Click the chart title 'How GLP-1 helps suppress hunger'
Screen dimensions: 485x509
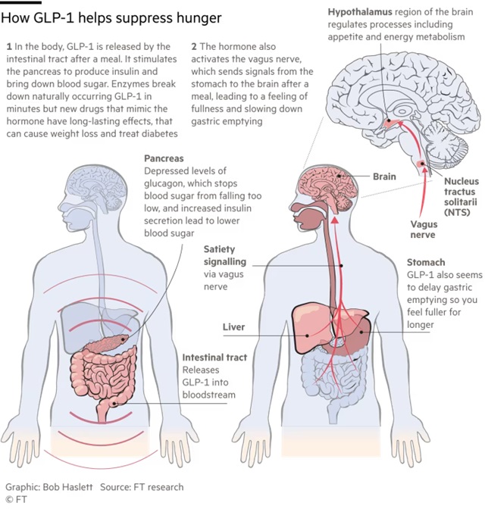pos(111,18)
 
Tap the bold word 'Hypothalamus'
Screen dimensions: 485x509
pos(360,12)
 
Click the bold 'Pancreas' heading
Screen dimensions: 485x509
pos(164,158)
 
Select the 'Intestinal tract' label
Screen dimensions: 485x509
pos(214,358)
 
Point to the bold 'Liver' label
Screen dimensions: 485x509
pos(233,327)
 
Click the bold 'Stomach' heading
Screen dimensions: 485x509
pos(426,262)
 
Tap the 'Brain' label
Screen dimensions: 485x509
pos(384,176)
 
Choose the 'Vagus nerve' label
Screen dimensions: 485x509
pos(424,230)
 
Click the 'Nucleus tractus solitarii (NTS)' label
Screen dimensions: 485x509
pos(461,197)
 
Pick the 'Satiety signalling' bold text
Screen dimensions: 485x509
pos(225,255)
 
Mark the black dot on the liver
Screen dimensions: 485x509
pos(307,336)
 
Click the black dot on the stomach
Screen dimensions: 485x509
pos(361,332)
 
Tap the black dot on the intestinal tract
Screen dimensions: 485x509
pos(114,404)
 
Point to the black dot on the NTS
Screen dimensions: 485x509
pos(422,164)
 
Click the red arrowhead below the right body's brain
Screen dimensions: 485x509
pos(335,220)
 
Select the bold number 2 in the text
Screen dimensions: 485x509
pos(194,47)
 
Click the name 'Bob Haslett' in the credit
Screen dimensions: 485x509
pos(67,487)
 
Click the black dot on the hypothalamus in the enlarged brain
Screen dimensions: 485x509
pos(389,120)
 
